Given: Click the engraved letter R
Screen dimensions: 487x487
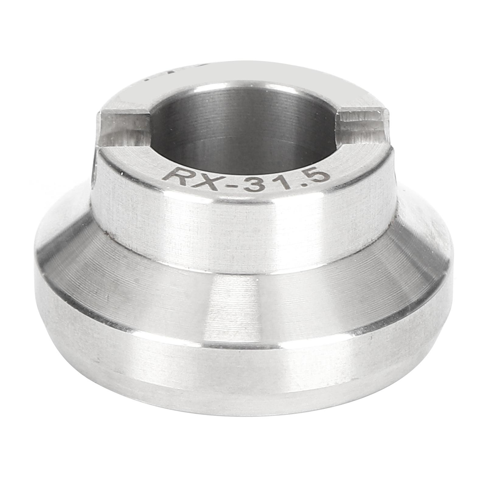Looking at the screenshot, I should (x=174, y=176).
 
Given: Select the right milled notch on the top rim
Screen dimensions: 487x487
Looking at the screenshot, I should (x=362, y=125).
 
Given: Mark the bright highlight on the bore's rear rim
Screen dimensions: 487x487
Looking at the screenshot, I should (x=243, y=84).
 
